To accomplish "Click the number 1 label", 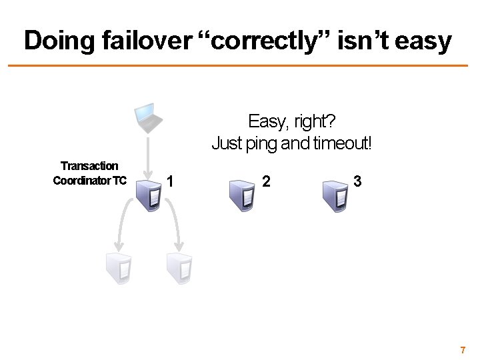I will point(172,181).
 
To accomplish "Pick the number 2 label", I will point(266,181).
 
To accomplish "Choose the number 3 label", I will point(358,181).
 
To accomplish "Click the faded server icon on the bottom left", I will point(119,267).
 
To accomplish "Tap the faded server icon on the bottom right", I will point(179,267).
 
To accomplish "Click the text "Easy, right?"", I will point(292,122).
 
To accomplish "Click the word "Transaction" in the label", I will point(89,165).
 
